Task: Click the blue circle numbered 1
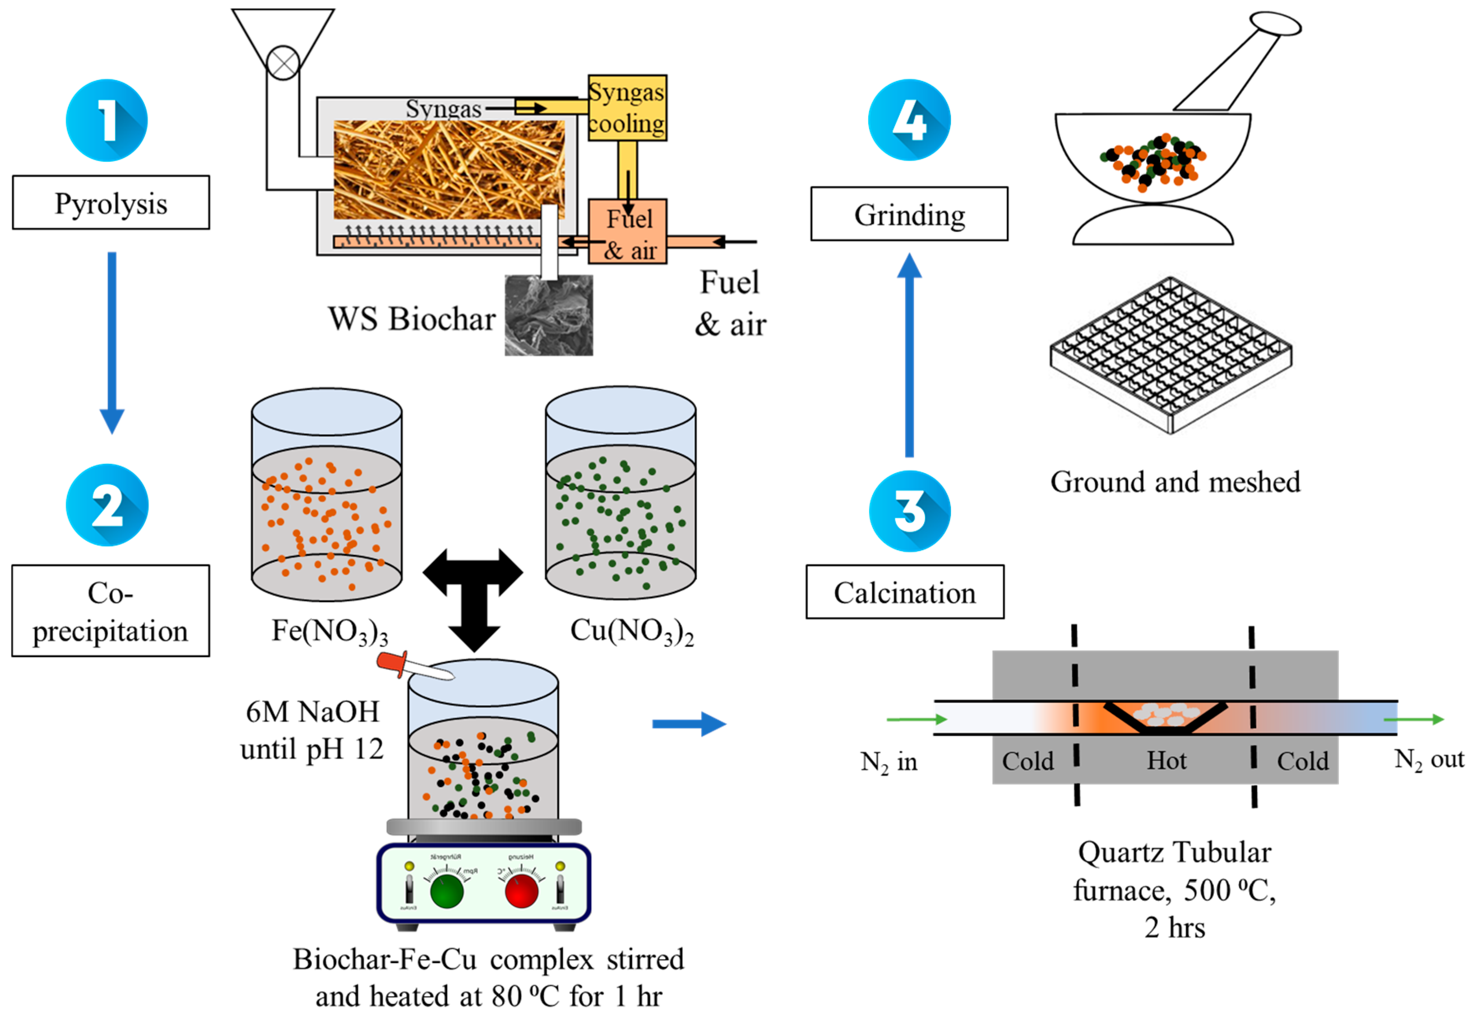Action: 107,120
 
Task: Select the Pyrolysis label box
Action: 111,203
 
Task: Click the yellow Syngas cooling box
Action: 626,108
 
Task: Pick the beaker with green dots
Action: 620,496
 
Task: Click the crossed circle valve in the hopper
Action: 283,63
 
